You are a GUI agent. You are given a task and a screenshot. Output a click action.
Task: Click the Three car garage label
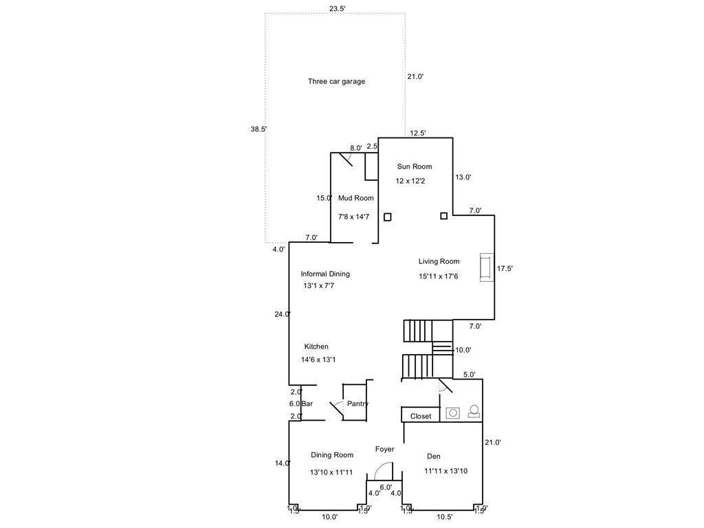coord(336,81)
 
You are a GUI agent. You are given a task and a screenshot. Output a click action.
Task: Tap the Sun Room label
coord(415,166)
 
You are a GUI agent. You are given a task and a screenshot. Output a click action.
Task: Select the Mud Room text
coord(355,198)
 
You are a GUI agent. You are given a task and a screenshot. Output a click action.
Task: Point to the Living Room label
coord(439,261)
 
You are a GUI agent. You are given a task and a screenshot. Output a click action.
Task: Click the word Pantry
coord(357,404)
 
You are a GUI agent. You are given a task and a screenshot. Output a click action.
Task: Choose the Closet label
coord(421,416)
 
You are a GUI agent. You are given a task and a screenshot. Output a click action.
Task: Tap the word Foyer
coord(384,449)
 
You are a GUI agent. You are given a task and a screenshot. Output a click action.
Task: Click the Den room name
coord(433,456)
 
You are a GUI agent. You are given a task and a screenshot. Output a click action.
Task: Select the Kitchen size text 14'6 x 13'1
coord(318,359)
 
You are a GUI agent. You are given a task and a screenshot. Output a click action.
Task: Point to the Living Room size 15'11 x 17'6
coord(438,276)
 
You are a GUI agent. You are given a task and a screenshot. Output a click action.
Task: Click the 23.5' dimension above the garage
coord(337,9)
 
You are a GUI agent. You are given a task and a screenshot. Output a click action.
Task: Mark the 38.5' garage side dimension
coord(258,129)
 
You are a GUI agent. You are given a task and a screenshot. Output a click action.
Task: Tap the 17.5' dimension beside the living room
coord(505,269)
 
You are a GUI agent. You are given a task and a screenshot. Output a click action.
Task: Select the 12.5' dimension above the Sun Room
coord(418,133)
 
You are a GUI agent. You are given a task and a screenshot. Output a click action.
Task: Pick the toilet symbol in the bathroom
coord(474,411)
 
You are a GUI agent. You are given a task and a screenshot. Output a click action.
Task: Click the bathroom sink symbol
coord(453,412)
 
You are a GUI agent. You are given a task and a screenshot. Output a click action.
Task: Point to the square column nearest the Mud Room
coord(388,217)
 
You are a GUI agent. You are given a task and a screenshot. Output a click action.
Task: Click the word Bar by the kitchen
coord(307,404)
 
